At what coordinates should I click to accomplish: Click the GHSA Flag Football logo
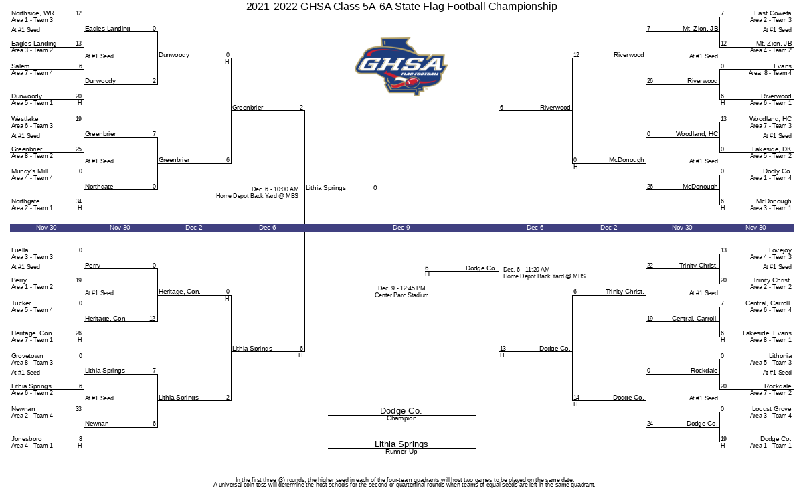point(401,67)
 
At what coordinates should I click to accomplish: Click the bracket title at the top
point(401,7)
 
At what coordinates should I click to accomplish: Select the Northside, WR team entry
point(33,13)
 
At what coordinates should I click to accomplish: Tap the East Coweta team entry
point(772,13)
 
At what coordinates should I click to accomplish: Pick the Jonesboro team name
point(27,439)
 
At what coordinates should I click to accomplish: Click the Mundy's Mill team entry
point(29,171)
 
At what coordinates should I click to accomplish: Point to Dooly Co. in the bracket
point(777,171)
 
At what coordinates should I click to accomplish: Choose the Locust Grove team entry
point(772,409)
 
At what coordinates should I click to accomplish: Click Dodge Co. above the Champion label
point(401,411)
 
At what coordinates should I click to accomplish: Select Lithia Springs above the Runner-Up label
point(401,444)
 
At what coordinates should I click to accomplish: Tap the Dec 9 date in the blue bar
point(401,228)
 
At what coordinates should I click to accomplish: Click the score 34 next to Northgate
point(78,201)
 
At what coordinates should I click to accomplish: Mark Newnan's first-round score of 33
point(78,409)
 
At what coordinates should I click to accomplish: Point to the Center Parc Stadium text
point(401,295)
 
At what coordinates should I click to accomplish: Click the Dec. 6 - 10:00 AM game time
point(275,189)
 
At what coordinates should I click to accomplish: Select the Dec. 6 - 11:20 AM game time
point(526,270)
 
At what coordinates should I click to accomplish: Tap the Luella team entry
point(19,250)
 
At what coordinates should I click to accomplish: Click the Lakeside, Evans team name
point(767,333)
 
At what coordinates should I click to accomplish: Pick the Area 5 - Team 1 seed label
point(32,103)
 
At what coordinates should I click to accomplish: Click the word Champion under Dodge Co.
point(401,418)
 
